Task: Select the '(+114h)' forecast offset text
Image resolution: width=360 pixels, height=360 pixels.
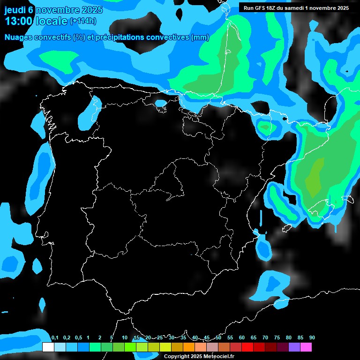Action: (83, 21)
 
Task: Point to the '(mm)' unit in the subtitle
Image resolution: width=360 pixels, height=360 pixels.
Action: (200, 37)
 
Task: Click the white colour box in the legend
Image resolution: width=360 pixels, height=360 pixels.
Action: (48, 347)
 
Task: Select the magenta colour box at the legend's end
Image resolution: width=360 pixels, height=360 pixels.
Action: (306, 347)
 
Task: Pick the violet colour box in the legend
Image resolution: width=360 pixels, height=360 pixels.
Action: (294, 347)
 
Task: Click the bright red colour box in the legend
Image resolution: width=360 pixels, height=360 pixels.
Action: (247, 347)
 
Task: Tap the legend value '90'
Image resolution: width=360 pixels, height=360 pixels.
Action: (312, 338)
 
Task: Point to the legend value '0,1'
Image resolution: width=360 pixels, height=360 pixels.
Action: (54, 338)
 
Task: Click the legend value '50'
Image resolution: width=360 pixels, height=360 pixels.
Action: (218, 338)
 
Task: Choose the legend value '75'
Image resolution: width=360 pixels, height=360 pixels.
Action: (277, 338)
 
